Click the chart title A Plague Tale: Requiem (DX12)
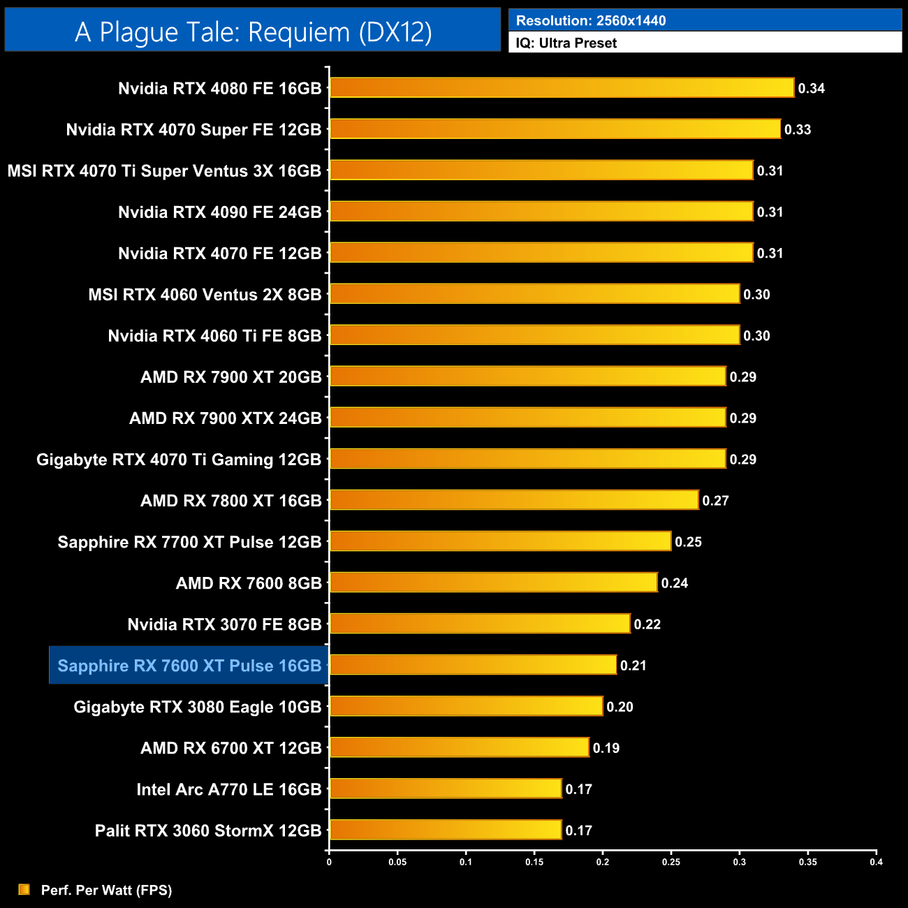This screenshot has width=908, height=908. (x=253, y=31)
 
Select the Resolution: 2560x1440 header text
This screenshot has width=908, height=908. (x=591, y=20)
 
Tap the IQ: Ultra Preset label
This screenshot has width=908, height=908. (x=566, y=43)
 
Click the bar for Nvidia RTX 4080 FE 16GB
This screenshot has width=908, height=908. (x=562, y=88)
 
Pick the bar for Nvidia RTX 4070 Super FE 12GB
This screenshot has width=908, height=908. (x=555, y=129)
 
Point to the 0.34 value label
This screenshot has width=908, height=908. (x=812, y=89)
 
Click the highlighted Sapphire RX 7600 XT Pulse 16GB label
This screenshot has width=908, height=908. (x=189, y=666)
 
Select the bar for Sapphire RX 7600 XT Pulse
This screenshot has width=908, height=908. (x=473, y=665)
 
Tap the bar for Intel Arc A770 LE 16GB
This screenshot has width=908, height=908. (x=446, y=789)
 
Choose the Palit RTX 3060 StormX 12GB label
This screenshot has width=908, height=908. (x=208, y=830)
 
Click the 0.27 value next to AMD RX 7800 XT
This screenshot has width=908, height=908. (x=716, y=501)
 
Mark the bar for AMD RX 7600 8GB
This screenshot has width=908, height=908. (x=493, y=583)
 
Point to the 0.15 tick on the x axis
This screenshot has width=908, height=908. (x=534, y=862)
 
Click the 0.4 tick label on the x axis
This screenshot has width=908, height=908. (x=876, y=862)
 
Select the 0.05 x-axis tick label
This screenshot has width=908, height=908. (x=397, y=862)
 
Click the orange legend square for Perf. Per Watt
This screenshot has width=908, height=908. (x=24, y=889)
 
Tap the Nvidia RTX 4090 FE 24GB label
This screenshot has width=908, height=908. (x=220, y=212)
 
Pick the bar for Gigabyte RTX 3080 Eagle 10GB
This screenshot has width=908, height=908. (x=466, y=706)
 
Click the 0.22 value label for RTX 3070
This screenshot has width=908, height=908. (x=647, y=624)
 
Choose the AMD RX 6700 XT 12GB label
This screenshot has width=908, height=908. (x=231, y=748)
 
